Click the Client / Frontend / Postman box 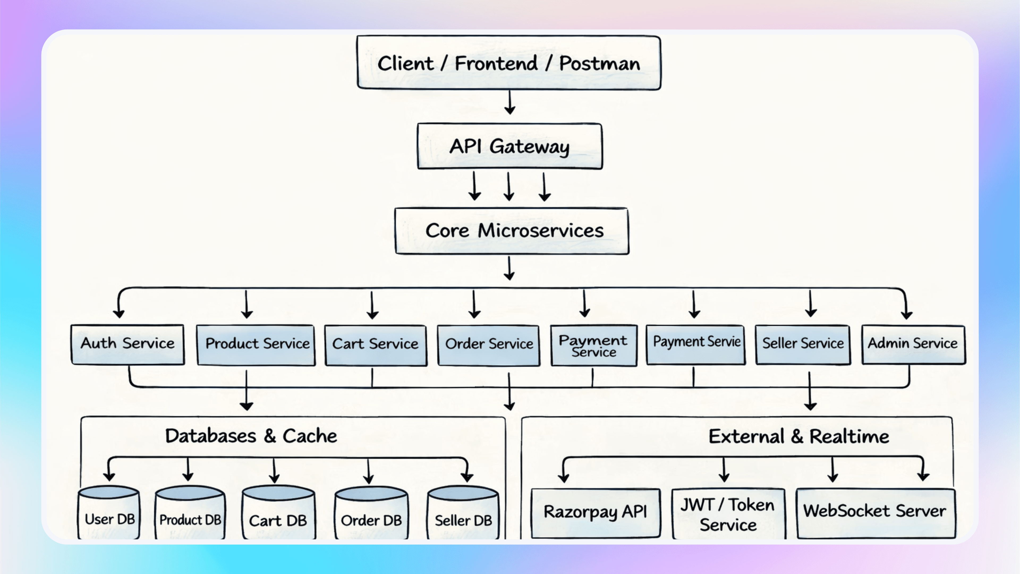tap(509, 63)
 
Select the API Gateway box tap(510, 146)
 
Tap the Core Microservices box tap(512, 231)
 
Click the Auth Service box tap(127, 344)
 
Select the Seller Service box tap(803, 344)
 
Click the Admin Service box tap(913, 344)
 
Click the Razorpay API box tap(595, 513)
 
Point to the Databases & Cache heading tap(251, 436)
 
